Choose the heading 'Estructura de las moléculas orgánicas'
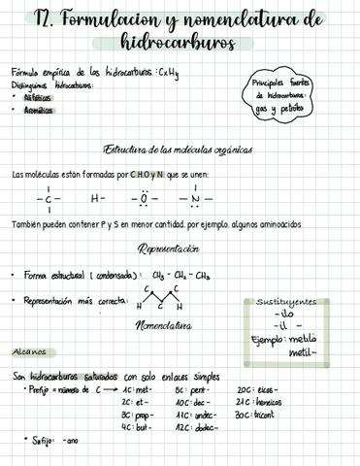179,150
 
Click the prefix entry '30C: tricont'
256,415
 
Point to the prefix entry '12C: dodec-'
194,427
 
